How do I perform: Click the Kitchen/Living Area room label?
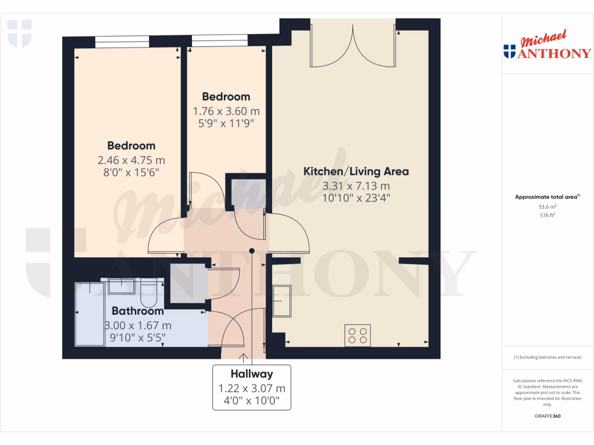(356, 172)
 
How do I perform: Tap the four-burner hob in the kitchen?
(357, 335)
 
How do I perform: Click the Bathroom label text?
(137, 311)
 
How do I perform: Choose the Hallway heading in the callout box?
(251, 374)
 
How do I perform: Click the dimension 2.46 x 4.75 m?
(131, 160)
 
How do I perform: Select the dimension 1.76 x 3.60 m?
(226, 111)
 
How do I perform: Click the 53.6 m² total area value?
(548, 206)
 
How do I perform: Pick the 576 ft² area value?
(548, 215)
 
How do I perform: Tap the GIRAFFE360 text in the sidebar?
(548, 416)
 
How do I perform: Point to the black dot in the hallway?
(252, 251)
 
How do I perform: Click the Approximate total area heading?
(547, 197)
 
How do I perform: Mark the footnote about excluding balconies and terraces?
(548, 357)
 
